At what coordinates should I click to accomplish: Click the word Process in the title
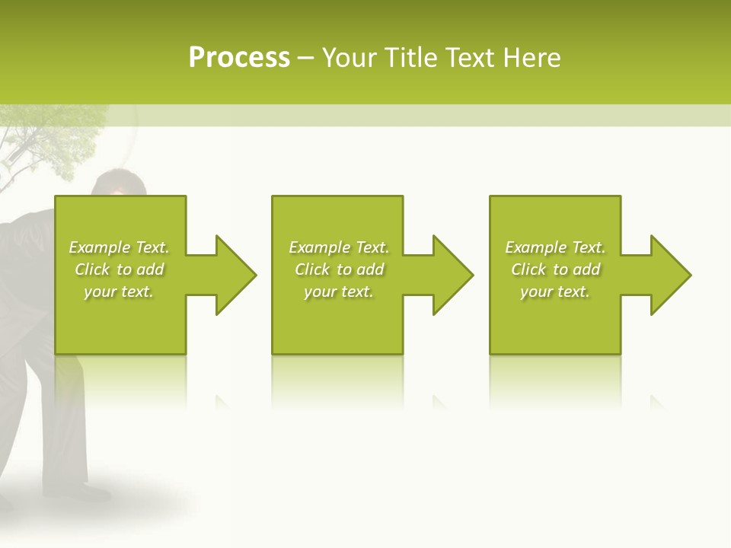(239, 58)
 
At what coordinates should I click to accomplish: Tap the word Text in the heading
(471, 58)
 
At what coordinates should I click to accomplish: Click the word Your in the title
(350, 58)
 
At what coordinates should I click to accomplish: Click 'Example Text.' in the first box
(119, 247)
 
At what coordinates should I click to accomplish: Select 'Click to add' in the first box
(119, 269)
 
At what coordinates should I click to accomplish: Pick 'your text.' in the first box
(119, 292)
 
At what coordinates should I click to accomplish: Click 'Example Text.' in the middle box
(339, 247)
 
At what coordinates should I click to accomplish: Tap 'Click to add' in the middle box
(339, 269)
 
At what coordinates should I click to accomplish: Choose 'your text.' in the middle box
(339, 292)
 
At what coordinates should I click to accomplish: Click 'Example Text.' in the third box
(555, 247)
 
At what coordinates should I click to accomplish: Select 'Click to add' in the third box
(555, 269)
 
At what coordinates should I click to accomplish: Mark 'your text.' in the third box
(555, 292)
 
